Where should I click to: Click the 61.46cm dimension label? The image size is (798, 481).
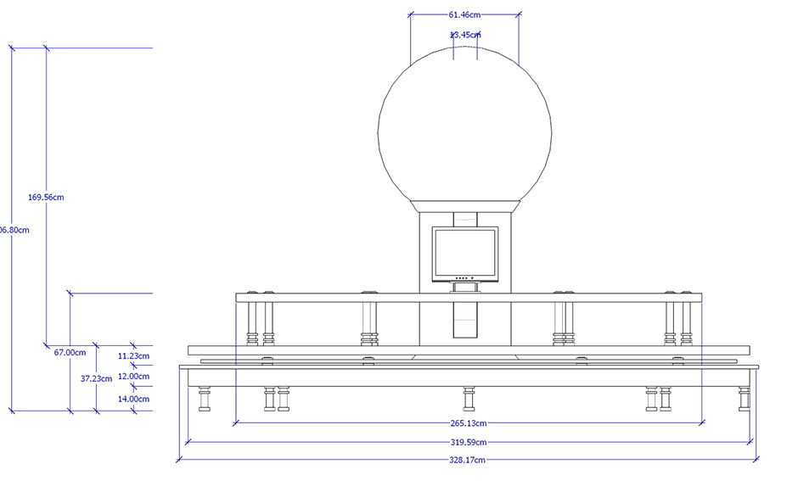click(464, 14)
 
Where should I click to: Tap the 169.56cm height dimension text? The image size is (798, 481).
click(46, 197)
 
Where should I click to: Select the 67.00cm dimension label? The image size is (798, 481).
click(70, 352)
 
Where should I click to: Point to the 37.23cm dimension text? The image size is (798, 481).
click(96, 378)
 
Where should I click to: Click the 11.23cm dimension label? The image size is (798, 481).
click(134, 356)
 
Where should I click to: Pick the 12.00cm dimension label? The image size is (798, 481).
click(134, 376)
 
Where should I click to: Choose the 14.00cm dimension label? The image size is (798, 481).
click(134, 398)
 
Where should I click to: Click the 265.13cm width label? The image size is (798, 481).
click(469, 422)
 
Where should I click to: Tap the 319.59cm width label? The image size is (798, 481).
click(469, 441)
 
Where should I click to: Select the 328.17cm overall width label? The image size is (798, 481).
click(468, 460)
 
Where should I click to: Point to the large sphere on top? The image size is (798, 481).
click(464, 127)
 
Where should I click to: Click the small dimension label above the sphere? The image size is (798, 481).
click(465, 35)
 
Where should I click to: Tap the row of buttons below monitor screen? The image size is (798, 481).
click(464, 278)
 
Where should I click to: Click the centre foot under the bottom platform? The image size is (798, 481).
click(469, 398)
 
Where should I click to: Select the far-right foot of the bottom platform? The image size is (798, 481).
click(745, 398)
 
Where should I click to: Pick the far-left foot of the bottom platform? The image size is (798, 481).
click(205, 398)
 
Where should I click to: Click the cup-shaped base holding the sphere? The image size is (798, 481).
click(465, 205)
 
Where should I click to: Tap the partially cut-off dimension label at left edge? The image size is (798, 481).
click(14, 230)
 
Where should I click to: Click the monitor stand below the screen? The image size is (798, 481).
click(464, 288)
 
